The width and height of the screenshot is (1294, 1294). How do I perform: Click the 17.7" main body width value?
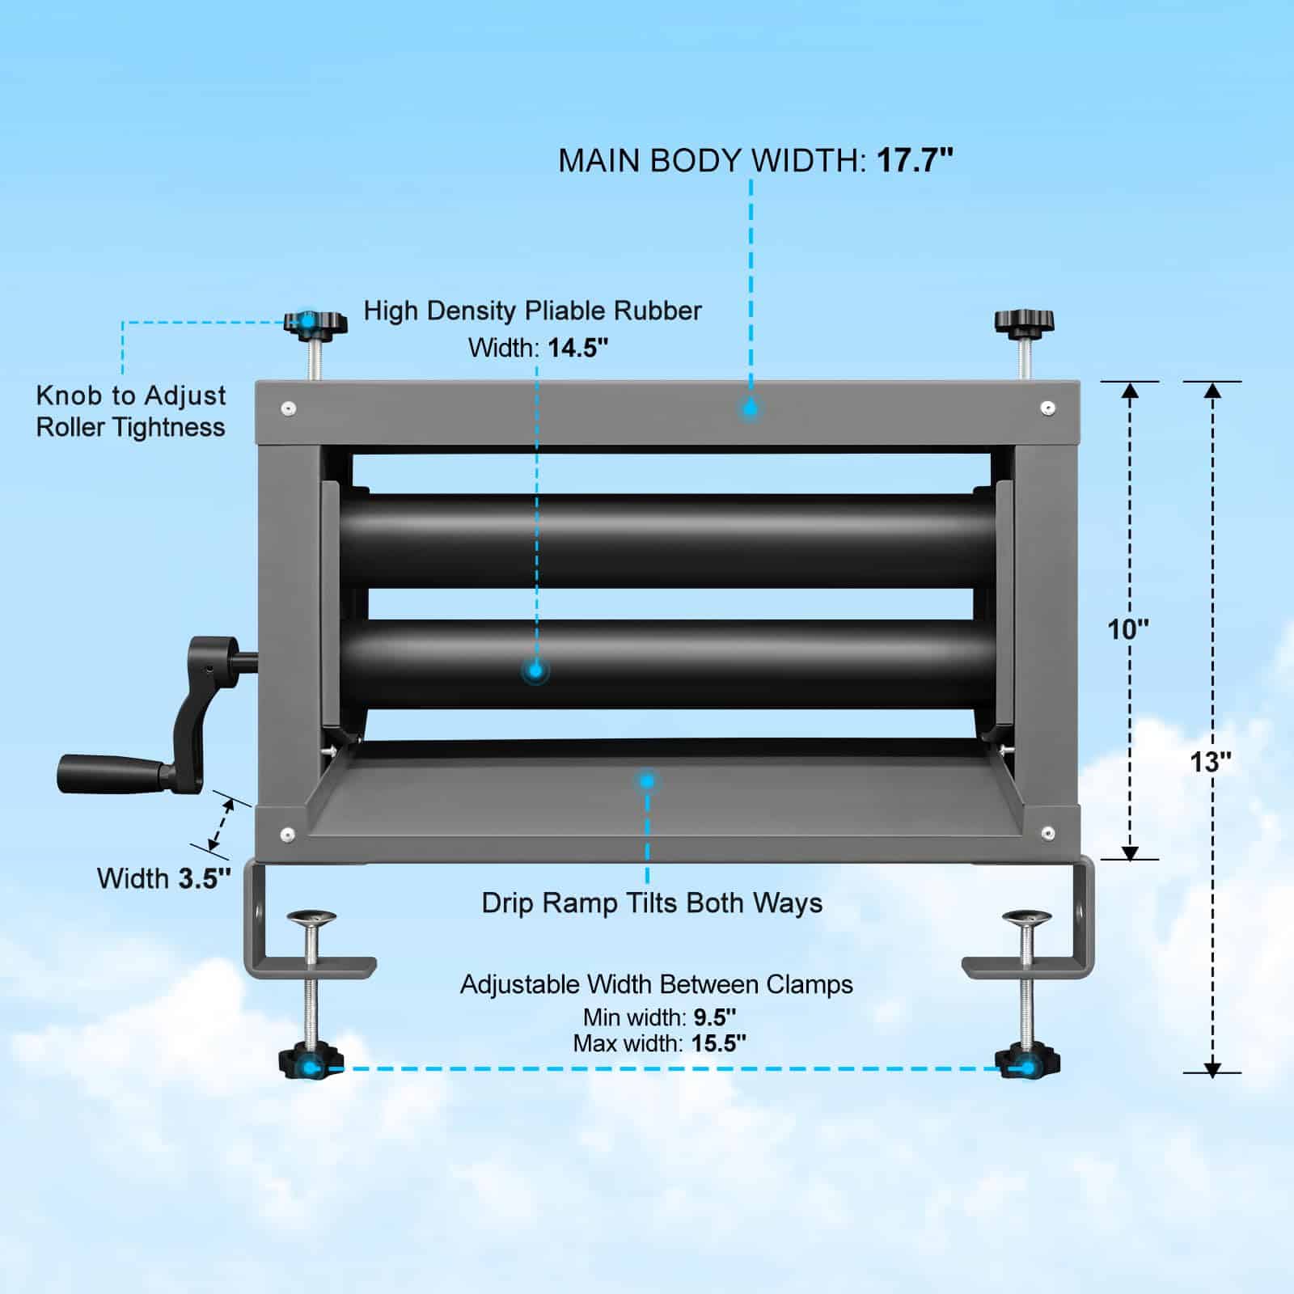coord(915,160)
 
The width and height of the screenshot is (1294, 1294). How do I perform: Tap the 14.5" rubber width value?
coord(577,348)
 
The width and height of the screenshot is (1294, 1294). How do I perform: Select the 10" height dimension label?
coord(1127,628)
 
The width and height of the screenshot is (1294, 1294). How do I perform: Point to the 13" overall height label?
coord(1210,761)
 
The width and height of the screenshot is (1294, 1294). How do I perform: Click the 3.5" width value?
coord(205,878)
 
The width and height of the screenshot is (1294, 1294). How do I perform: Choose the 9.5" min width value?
coord(715,1017)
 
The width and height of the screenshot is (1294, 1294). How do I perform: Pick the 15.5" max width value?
coord(718,1043)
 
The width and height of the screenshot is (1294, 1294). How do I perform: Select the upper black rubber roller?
coord(667,539)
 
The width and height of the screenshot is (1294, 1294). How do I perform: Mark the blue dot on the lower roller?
coord(535,670)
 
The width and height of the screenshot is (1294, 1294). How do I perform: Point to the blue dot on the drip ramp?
coord(646,781)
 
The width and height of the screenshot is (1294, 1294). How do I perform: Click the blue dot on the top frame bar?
coord(750,408)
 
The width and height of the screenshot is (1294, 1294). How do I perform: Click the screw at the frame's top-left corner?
coord(289,409)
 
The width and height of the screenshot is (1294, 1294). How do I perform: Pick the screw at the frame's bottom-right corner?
coord(1047,833)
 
